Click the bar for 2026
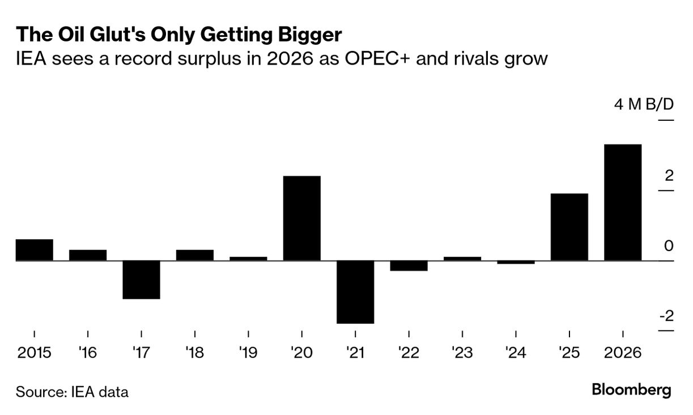point(623,202)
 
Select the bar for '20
point(301,218)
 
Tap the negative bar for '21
point(355,292)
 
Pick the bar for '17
point(141,280)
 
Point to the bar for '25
point(569,227)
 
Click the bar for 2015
point(34,250)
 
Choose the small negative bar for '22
point(409,266)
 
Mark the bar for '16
point(88,255)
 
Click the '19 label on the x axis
point(248,353)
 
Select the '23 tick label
point(462,353)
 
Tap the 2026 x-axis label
point(623,353)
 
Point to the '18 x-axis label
point(194,353)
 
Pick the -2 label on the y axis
point(666,316)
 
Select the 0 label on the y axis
point(669,246)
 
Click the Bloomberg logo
point(631,390)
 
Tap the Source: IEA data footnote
point(72,391)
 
